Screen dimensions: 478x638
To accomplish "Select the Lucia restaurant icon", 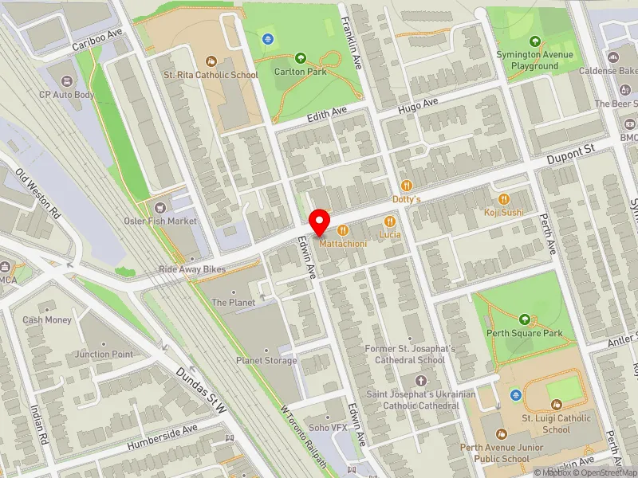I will (389, 221).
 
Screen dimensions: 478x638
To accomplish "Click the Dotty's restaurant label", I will (406, 198).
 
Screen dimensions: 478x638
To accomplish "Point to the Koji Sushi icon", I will (503, 198).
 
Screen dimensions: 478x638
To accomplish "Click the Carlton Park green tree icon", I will (301, 58).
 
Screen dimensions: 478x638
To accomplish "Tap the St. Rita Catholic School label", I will (211, 75).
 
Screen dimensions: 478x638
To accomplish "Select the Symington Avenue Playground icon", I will (534, 41).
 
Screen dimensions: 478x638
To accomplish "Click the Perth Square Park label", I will (525, 333).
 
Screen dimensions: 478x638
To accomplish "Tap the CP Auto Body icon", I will (66, 80).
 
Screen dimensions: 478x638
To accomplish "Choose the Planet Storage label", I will (266, 360).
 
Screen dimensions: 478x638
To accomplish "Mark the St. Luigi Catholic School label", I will (556, 423).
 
